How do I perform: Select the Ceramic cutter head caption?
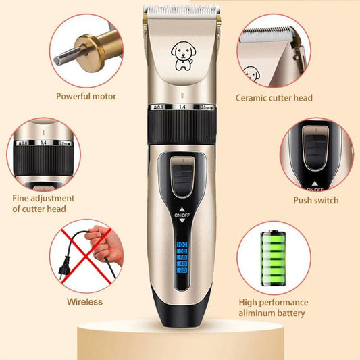pyautogui.click(x=274, y=98)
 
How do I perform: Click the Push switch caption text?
pyautogui.click(x=315, y=200)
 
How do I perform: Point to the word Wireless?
pyautogui.click(x=84, y=301)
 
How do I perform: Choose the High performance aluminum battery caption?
pyautogui.click(x=274, y=307)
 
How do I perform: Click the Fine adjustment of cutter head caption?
pyautogui.click(x=44, y=203)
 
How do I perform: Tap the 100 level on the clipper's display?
pyautogui.click(x=182, y=244)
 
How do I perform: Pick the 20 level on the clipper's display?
pyautogui.click(x=182, y=270)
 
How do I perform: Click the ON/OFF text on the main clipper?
pyautogui.click(x=182, y=217)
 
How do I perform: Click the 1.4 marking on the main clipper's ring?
pyautogui.click(x=181, y=107)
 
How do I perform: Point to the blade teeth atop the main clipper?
pyautogui.click(x=180, y=10)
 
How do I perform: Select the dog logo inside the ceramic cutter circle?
pyautogui.click(x=251, y=73)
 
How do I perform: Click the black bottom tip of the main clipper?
pyautogui.click(x=180, y=332)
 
